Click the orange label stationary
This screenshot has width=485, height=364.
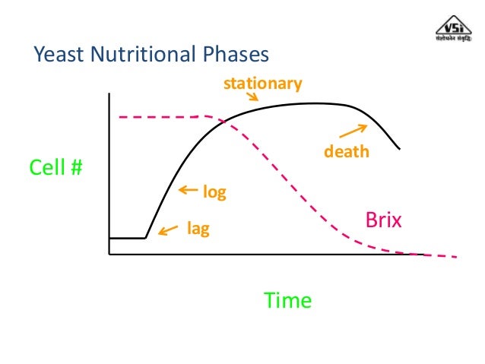pyautogui.click(x=262, y=83)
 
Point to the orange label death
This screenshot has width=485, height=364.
pyautogui.click(x=346, y=151)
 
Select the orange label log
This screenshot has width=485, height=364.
pyautogui.click(x=214, y=192)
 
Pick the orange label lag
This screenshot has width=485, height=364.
pyautogui.click(x=198, y=227)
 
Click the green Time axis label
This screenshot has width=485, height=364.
pyautogui.click(x=287, y=300)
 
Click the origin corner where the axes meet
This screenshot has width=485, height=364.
pyautogui.click(x=109, y=254)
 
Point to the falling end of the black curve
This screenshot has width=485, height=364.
pyautogui.click(x=399, y=147)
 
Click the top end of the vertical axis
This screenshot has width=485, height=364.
pyautogui.click(x=109, y=93)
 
